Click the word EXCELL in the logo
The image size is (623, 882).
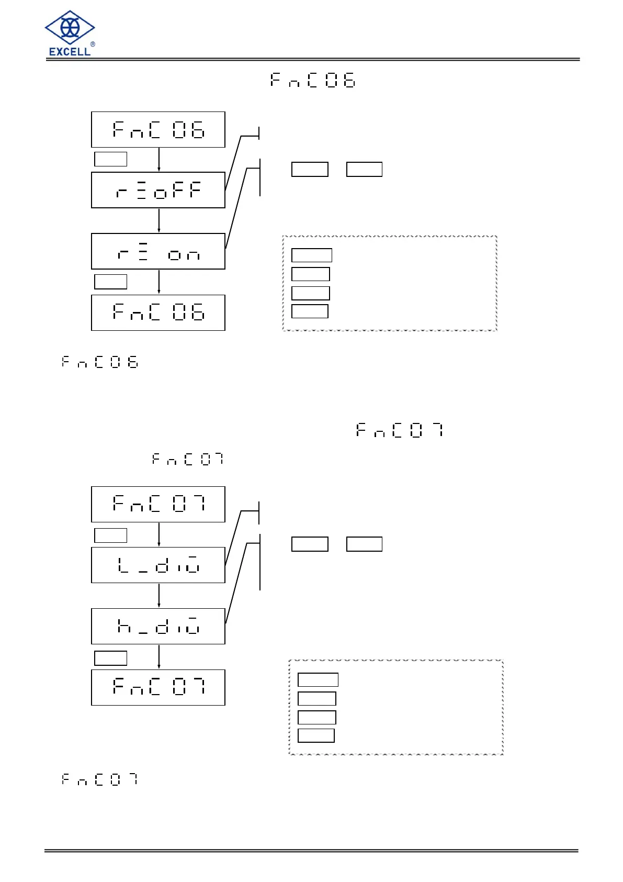(x=70, y=51)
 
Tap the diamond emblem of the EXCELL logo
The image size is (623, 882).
(x=70, y=27)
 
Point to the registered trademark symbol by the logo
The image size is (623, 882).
(x=93, y=44)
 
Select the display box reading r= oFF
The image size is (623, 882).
(x=158, y=190)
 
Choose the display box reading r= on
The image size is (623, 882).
(x=158, y=251)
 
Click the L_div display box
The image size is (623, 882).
(x=158, y=565)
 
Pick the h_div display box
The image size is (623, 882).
(x=158, y=626)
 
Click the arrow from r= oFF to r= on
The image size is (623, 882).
(x=159, y=220)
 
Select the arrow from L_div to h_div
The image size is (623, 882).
(x=159, y=595)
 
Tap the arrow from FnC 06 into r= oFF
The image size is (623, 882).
(x=159, y=159)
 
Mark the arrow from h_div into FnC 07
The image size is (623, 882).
(x=159, y=656)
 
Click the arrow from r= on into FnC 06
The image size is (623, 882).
(x=159, y=282)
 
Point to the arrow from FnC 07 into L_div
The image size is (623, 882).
(x=159, y=534)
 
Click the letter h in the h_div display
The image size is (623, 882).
(x=124, y=626)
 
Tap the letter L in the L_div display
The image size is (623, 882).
(x=123, y=565)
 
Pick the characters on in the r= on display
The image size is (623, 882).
(x=184, y=255)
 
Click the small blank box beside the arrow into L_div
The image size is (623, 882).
(x=110, y=535)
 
